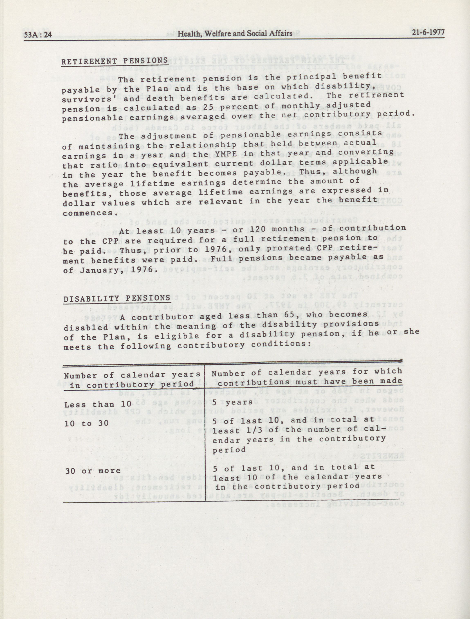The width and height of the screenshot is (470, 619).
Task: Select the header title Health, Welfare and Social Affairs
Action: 235,34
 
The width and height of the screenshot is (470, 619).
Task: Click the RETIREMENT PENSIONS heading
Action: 114,61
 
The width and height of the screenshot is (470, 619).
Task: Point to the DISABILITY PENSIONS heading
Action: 117,299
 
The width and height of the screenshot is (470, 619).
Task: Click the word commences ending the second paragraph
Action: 88,213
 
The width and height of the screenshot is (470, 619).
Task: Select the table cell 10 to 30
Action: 86,423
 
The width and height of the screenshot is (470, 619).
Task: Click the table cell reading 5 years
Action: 232,402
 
